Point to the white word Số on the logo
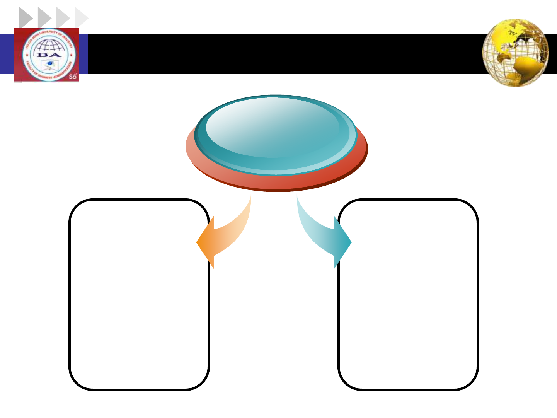[x=73, y=77]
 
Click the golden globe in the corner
[x=516, y=53]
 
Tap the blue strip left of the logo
[x=7, y=54]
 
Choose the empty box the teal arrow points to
[x=408, y=309]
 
